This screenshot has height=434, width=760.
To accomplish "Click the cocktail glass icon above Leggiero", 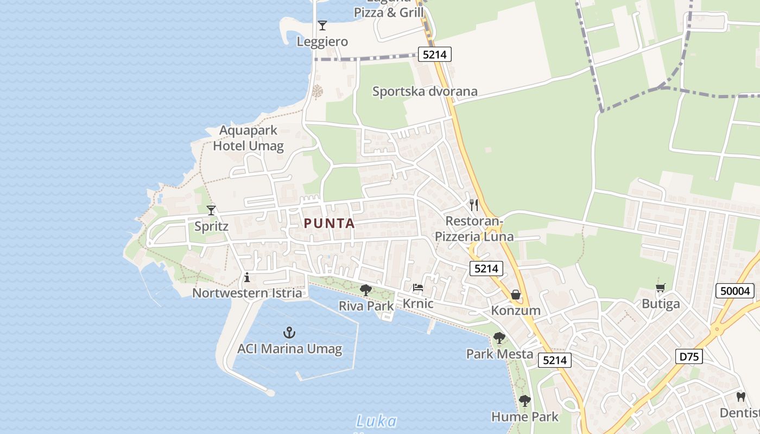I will point(322,25).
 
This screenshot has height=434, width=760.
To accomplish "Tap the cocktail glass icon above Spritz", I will point(211,210).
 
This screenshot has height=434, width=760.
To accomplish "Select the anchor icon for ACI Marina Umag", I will point(289,333).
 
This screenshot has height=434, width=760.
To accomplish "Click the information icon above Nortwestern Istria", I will point(247,278).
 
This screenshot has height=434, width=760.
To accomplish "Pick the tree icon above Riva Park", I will point(366,290).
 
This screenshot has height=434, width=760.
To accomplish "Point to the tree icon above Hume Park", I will point(524,401).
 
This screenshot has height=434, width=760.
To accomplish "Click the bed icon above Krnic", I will point(417,288).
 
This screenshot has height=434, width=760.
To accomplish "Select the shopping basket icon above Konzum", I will point(515,295).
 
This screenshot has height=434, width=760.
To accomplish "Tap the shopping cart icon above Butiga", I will point(661,288).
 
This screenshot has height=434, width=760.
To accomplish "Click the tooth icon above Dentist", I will point(740,397).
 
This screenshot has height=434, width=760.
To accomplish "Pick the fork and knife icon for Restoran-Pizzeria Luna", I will point(474,205).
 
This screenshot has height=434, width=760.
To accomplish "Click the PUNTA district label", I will point(329,223).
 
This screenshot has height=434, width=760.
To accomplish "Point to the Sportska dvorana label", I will point(425,91).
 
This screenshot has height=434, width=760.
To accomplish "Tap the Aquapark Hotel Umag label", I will point(248,138).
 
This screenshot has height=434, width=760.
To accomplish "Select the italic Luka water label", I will point(376,421).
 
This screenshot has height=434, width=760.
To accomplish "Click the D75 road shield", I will point(689,356).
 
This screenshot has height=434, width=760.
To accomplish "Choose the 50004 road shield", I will point(735,291).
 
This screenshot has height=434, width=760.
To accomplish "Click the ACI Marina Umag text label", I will point(289,349).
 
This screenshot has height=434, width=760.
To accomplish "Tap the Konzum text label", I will point(516,310).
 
